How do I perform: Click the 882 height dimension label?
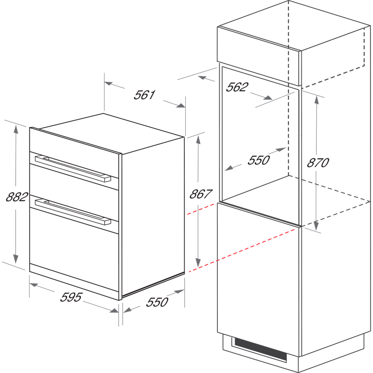tap(17, 197)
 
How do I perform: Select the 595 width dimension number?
tap(71, 297)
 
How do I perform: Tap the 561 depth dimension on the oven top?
tap(144, 95)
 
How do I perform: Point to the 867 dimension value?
tap(201, 194)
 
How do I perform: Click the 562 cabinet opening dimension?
tap(237, 87)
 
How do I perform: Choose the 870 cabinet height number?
tap(318, 163)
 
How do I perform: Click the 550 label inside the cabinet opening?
tap(258, 160)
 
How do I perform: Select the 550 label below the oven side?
tap(157, 302)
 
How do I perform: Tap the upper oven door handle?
tap(73, 169)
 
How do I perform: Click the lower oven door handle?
tap(73, 211)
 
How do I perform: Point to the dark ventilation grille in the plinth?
tap(260, 349)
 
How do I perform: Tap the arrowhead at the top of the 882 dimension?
tap(16, 129)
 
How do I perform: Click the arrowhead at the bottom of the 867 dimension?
tap(198, 263)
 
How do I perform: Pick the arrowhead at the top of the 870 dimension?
tap(317, 100)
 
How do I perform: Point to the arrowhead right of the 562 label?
tap(268, 97)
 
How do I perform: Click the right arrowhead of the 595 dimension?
tap(114, 310)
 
